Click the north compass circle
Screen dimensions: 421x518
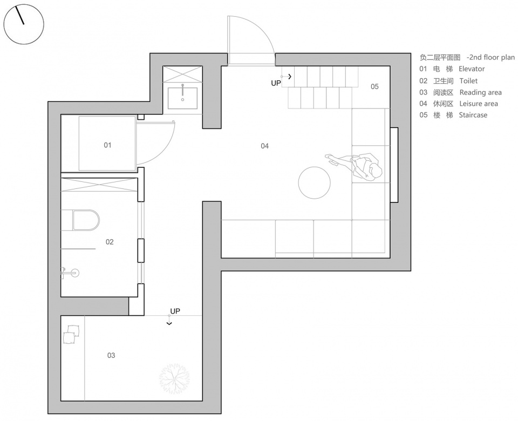tap(23, 24)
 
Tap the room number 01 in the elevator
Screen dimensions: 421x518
tap(107, 145)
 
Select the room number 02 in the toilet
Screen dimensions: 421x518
tap(110, 242)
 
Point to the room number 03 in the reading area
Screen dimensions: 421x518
tap(111, 355)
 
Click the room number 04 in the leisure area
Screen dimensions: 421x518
tap(264, 146)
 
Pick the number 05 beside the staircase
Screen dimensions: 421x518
tap(374, 86)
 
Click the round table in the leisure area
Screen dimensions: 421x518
tap(314, 182)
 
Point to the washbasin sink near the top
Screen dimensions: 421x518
tap(182, 97)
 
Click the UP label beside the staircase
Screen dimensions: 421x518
tap(276, 83)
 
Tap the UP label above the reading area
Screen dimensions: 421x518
tap(175, 311)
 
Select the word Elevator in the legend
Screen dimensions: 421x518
tap(472, 69)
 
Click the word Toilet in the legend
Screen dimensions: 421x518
tap(468, 81)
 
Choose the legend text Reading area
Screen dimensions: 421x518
tap(480, 92)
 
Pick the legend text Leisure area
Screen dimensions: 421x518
tap(479, 104)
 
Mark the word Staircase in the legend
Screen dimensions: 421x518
tap(473, 115)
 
